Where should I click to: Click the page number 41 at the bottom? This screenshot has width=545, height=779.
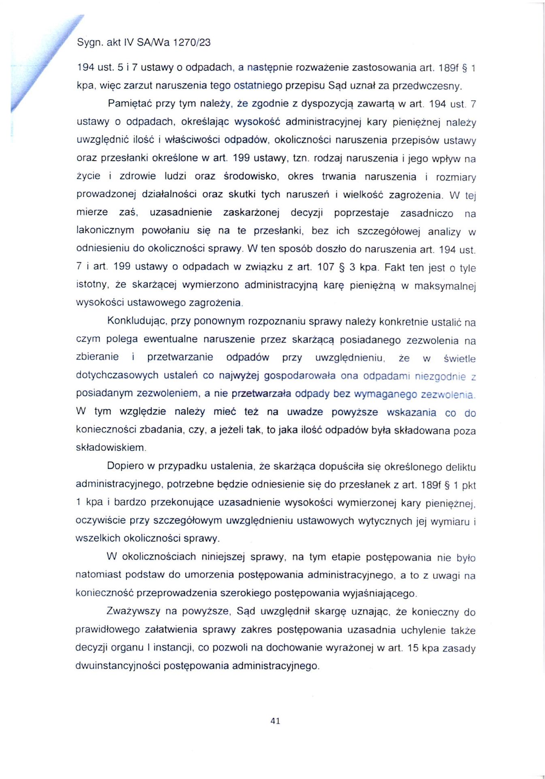coord(275,721)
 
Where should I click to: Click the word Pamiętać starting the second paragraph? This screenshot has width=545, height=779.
coord(129,103)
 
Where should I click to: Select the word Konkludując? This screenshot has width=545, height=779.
coord(137,321)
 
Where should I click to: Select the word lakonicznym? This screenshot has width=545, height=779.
coord(105,230)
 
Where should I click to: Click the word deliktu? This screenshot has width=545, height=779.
coord(460,467)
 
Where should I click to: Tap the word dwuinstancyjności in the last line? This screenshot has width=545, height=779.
coord(119,666)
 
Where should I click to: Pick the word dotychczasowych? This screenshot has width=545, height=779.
coord(117,375)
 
